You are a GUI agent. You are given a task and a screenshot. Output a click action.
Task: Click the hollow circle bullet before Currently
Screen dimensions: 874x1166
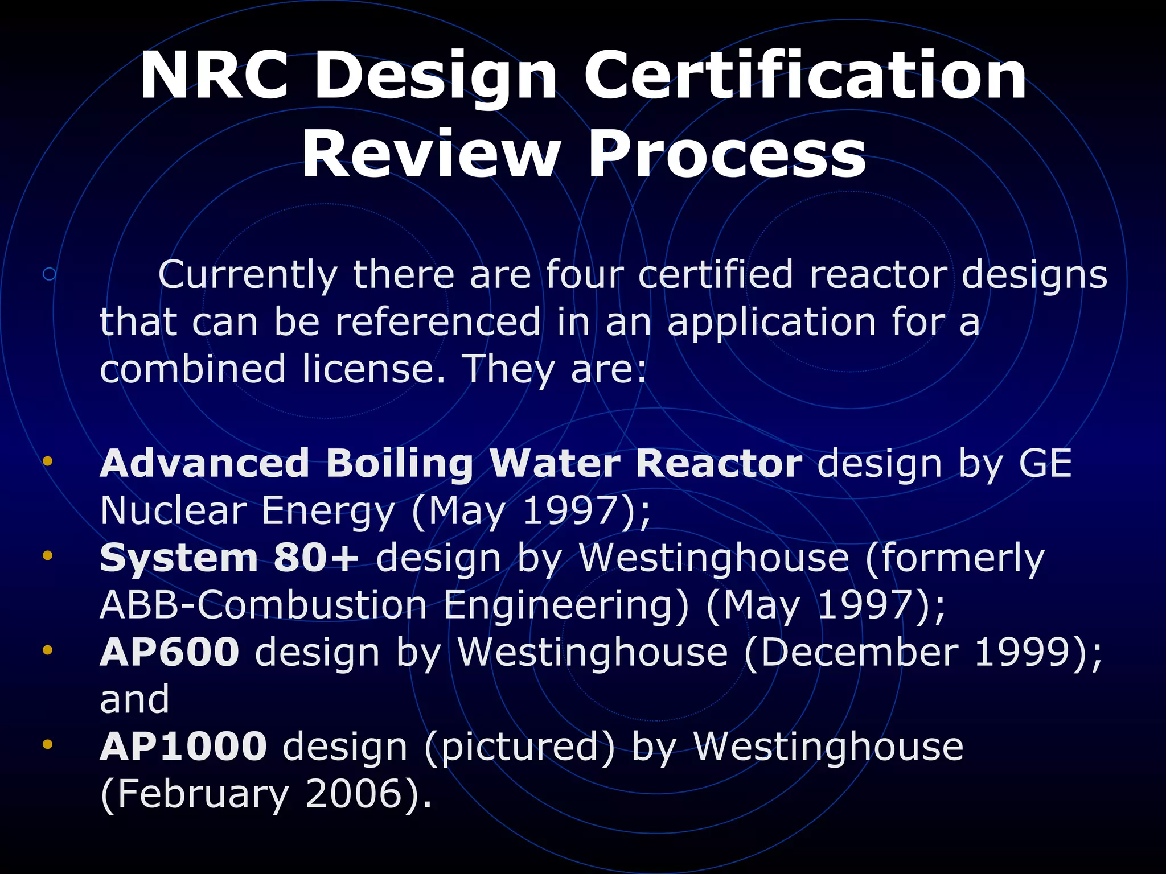[50, 274]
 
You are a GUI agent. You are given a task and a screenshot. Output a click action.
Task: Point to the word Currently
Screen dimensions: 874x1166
[248, 275]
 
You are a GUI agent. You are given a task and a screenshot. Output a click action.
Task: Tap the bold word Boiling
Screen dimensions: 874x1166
[399, 463]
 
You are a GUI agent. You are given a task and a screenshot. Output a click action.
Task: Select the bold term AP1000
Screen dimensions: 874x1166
[183, 747]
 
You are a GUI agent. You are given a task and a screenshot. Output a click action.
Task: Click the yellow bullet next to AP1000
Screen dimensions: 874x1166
[48, 744]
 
